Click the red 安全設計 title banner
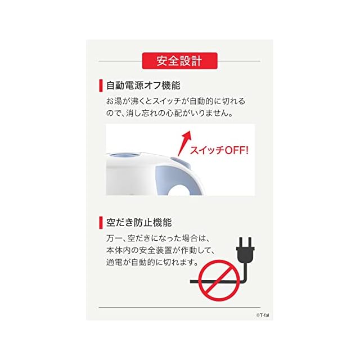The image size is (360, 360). [180, 61]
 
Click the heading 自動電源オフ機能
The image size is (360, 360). [143, 85]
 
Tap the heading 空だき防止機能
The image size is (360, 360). [139, 223]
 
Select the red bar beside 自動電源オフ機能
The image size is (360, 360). [101, 85]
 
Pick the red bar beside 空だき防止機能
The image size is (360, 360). [101, 223]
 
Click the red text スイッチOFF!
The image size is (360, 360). [219, 150]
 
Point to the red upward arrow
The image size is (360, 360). [184, 143]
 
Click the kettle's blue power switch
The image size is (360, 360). [180, 161]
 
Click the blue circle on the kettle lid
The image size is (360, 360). [124, 155]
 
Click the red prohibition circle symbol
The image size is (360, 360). [219, 280]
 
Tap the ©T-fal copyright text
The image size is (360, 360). [263, 315]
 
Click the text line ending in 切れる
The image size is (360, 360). [175, 101]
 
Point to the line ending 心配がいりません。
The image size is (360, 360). [170, 113]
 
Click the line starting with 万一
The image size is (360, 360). [158, 238]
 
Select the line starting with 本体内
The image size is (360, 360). [160, 250]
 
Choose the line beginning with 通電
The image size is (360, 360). [152, 262]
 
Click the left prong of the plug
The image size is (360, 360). [241, 242]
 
